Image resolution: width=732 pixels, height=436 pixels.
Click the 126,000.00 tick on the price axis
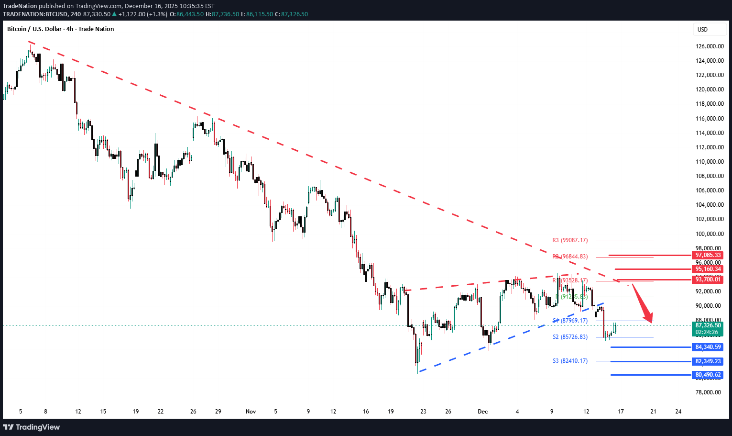[710, 46]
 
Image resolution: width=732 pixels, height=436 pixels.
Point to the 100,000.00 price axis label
[710, 234]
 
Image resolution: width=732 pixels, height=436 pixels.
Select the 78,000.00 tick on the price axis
[710, 392]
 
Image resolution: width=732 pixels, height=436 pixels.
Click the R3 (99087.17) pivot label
[570, 240]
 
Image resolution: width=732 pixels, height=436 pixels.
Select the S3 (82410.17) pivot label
[570, 361]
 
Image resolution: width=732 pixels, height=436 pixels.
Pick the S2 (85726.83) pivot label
[570, 337]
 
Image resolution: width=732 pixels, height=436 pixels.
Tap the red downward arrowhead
[648, 319]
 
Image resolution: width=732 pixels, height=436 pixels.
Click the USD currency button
[702, 30]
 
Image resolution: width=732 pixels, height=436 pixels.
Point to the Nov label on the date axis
[251, 412]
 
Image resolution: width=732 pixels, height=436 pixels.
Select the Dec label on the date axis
[482, 412]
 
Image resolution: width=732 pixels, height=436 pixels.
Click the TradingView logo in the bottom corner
[32, 427]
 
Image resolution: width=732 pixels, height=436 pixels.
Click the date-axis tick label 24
[678, 412]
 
